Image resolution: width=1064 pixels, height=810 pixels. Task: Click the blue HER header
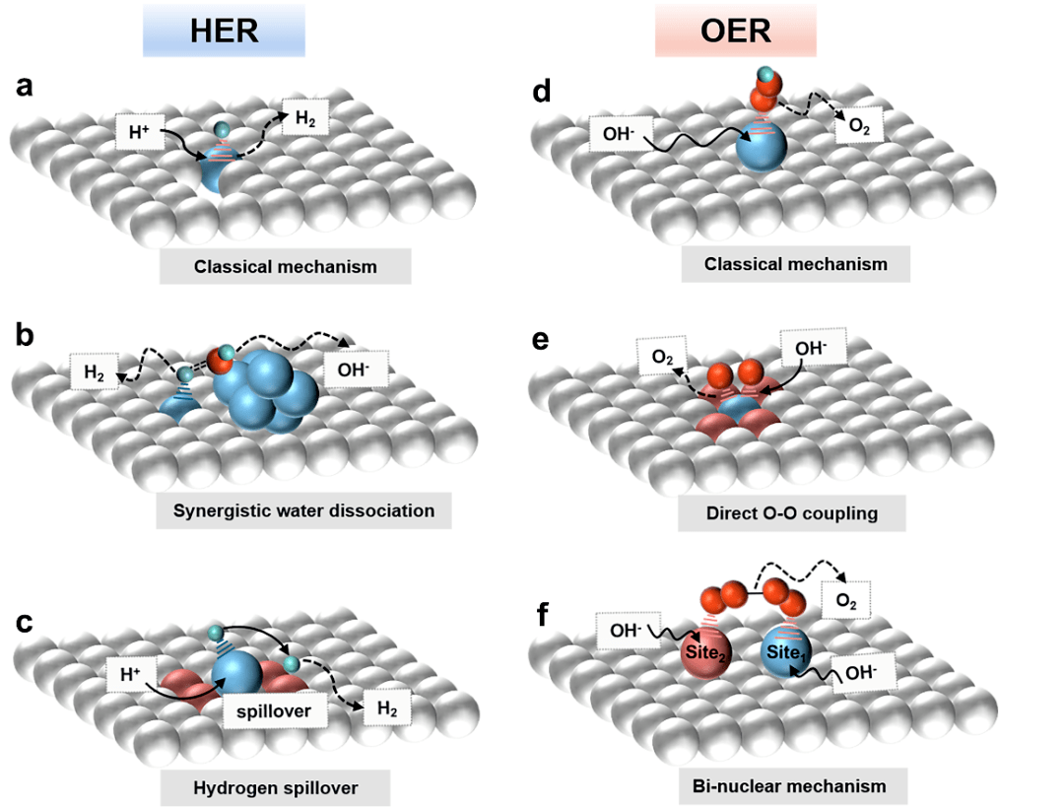[224, 31]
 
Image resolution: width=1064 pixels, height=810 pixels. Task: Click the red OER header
[735, 31]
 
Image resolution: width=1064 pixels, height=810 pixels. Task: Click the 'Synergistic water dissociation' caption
[303, 510]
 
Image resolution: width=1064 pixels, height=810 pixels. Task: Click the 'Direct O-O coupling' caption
[793, 512]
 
